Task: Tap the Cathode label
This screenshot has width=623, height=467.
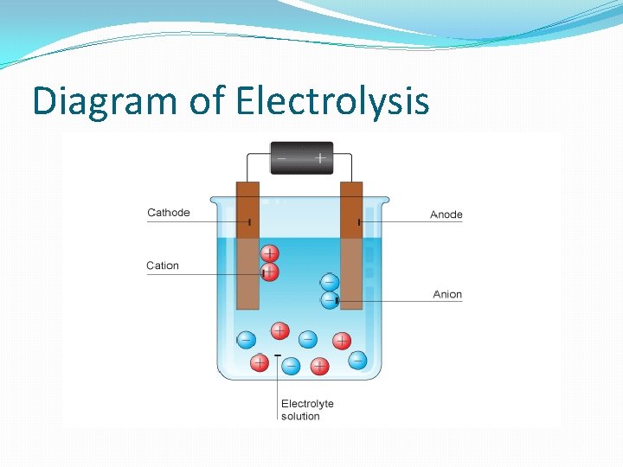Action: [x=169, y=213]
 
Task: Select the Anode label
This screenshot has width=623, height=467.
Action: [x=446, y=214]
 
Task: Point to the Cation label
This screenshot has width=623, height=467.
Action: [x=163, y=265]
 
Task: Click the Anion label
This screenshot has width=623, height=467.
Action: [x=447, y=295]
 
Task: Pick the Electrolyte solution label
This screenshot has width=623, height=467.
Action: [x=307, y=410]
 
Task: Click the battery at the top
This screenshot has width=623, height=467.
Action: [x=301, y=158]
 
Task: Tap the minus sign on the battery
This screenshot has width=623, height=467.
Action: [x=281, y=158]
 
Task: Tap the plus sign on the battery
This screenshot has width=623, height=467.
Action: [x=320, y=158]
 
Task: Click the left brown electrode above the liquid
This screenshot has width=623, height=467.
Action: [x=247, y=208]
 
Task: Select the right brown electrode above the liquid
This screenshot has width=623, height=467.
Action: [x=351, y=208]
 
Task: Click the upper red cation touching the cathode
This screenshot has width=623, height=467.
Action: [x=270, y=254]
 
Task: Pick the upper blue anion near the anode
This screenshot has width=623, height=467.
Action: [x=330, y=282]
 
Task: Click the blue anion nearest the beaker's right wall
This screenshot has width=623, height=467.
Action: [x=357, y=360]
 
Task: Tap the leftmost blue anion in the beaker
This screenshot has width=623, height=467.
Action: [x=246, y=340]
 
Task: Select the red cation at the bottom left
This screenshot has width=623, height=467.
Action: [x=259, y=362]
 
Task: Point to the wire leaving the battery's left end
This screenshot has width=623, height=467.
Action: [x=256, y=155]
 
